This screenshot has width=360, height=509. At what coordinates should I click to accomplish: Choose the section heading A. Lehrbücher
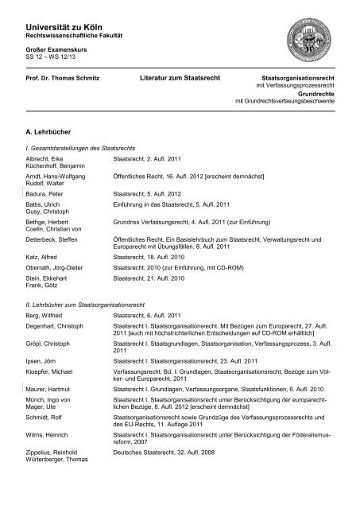[x=50, y=126]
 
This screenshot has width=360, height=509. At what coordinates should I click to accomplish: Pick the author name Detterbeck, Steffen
[x=57, y=239]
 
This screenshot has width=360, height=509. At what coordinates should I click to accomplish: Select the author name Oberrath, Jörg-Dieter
[x=57, y=269]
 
